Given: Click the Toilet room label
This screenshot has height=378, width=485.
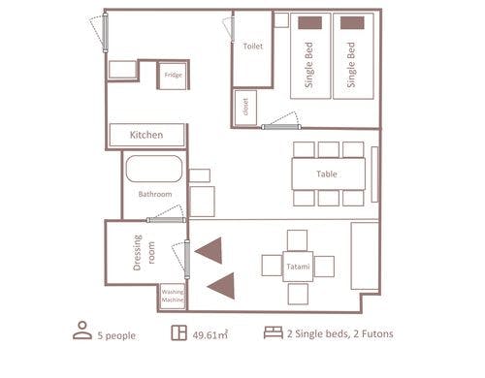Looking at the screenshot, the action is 253,47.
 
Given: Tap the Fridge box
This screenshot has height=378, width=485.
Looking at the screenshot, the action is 173,76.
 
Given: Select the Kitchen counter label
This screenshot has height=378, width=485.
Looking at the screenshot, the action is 146,135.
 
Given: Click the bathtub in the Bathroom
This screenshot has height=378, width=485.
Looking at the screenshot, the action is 154,169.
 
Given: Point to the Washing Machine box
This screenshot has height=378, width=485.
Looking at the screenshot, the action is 173,297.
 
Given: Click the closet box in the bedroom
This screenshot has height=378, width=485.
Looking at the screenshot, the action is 245,108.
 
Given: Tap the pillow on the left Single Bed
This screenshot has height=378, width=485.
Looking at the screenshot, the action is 309,23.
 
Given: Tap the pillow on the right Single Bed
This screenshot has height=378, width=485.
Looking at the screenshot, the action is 352,23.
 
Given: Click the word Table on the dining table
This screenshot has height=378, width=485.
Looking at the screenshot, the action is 327,174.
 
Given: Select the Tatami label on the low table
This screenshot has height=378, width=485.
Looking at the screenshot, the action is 298,267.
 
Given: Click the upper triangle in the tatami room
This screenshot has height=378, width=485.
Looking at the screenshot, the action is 210,250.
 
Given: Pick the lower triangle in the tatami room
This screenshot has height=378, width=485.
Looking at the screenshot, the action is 222,286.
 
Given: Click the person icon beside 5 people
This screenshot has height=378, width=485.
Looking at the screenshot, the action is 82,331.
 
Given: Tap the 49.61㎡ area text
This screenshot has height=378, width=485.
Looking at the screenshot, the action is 210,334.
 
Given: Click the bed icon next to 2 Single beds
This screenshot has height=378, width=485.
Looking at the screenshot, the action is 274,332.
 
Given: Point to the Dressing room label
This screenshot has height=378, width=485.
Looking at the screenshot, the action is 144,253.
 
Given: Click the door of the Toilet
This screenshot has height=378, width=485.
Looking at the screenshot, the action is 233,30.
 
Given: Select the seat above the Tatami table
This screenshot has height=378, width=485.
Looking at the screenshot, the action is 297,240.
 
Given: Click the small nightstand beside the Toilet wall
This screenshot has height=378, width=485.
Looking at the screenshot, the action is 281,20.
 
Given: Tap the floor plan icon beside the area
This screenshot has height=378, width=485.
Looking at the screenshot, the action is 178,332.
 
